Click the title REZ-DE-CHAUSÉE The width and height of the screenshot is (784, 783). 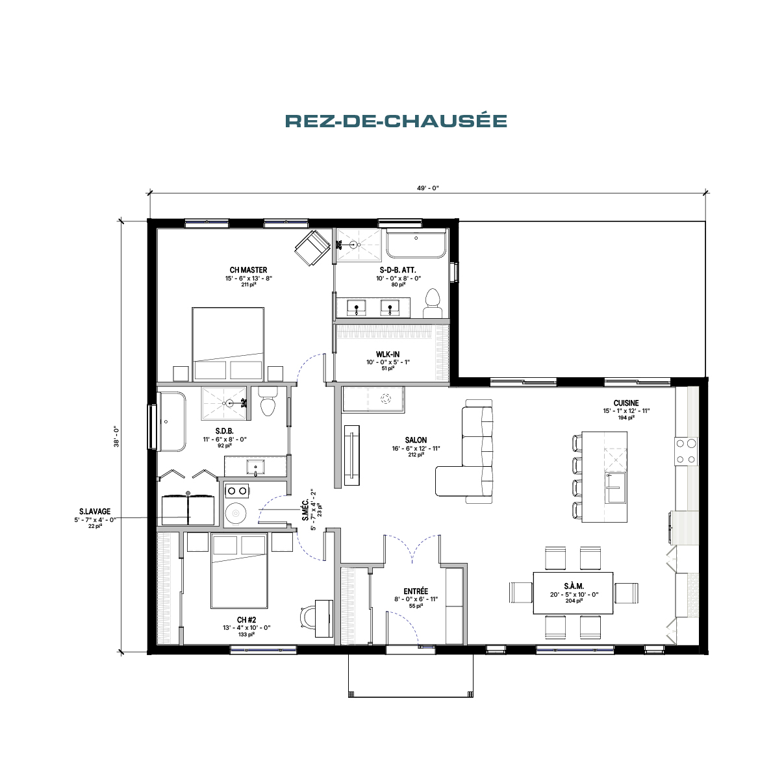[396, 121]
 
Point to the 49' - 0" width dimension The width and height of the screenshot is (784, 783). [427, 188]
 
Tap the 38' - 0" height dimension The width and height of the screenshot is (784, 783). [116, 437]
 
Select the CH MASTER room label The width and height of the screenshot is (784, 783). [248, 270]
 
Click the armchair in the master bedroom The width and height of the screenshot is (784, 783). [312, 247]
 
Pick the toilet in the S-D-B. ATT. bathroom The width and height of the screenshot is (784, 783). [432, 303]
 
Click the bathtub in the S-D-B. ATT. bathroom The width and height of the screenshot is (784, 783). [416, 243]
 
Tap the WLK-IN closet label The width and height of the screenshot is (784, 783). [387, 354]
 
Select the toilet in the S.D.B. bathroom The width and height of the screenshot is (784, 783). [268, 401]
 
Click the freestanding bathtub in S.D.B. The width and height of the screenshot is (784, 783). [172, 421]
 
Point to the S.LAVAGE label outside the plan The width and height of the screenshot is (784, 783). [95, 512]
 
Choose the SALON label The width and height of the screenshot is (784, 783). [416, 440]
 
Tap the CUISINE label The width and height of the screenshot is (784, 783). [626, 403]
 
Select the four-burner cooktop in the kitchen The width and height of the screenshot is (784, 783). [686, 451]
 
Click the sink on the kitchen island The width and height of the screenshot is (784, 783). [614, 488]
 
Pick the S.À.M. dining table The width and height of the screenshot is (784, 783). [573, 593]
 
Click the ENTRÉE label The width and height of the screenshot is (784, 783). [416, 591]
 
